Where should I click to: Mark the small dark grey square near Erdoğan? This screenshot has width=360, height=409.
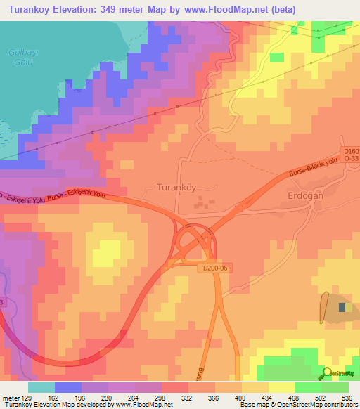point(342,307)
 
